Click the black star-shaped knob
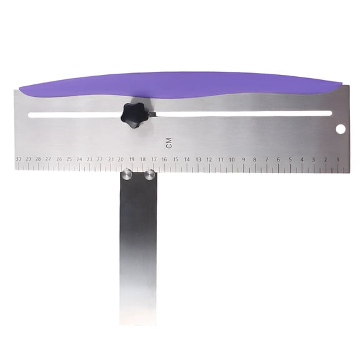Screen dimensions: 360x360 click(x=132, y=114)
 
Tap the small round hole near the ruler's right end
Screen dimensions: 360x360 click(x=341, y=129)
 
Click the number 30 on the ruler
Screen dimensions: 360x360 click(x=18, y=159)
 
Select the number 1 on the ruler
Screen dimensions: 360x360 click(x=338, y=159)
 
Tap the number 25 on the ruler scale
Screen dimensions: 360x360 click(x=69, y=159)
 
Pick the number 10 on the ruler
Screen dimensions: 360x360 click(x=231, y=159)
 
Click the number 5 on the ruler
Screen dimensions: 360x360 click(x=291, y=159)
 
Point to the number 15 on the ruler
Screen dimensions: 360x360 click(x=176, y=159)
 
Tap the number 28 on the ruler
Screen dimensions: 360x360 click(x=38, y=159)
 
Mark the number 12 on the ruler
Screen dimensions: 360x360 click(x=209, y=159)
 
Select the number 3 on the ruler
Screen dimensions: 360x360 click(x=314, y=159)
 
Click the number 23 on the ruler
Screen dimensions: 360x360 click(x=89, y=159)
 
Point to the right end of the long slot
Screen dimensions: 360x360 click(x=329, y=113)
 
